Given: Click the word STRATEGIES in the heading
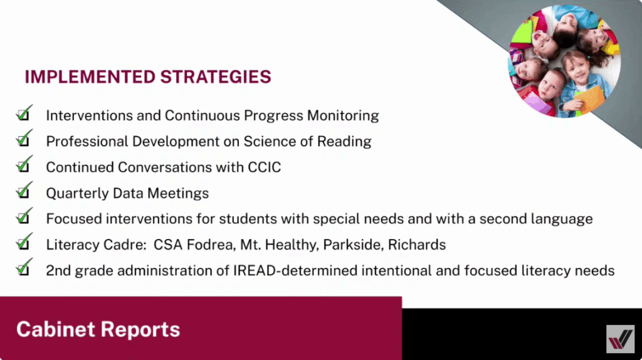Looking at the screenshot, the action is click(216, 77).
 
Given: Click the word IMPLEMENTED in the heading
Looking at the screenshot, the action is click(90, 77).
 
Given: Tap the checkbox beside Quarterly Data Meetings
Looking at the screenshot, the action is click(24, 191).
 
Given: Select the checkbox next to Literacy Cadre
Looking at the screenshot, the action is click(24, 243).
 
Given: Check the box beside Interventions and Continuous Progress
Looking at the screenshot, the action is click(24, 114).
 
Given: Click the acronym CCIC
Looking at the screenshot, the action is click(265, 167).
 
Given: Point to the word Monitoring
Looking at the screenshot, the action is click(343, 116).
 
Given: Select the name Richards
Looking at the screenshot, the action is click(417, 245).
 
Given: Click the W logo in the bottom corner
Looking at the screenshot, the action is click(620, 339).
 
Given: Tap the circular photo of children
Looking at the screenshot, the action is click(565, 61).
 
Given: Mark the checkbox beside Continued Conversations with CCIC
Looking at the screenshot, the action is click(24, 165).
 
